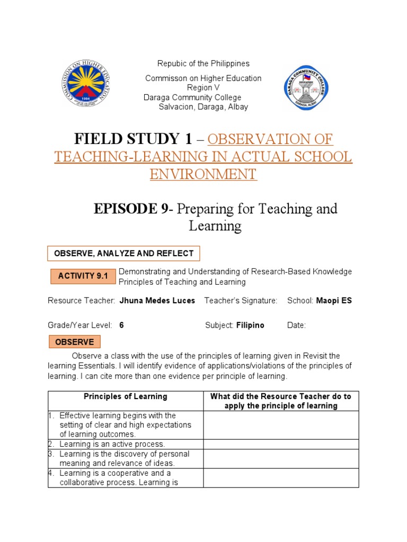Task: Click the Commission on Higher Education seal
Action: [x=87, y=84]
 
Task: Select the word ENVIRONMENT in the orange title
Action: [x=203, y=174]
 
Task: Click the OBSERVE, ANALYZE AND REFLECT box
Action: [x=124, y=254]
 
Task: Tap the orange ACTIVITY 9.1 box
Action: [x=83, y=276]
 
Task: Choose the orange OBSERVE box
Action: [x=74, y=342]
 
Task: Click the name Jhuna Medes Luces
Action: [x=157, y=301]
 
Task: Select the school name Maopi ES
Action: [x=334, y=301]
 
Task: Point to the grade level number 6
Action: [x=121, y=326]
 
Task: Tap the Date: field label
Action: [x=296, y=326]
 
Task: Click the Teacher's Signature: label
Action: [x=241, y=301]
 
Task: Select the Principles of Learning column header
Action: [x=126, y=396]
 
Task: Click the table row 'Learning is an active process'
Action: [x=112, y=444]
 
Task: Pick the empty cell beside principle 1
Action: [x=281, y=425]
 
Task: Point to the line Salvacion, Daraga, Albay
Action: [x=203, y=107]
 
